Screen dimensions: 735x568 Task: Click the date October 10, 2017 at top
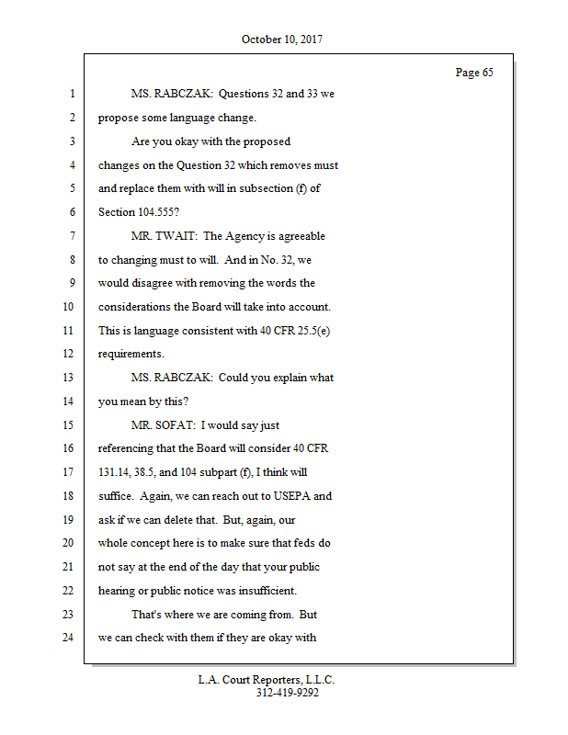pos(282,40)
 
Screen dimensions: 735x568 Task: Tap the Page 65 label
pos(474,73)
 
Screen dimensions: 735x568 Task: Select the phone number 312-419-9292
pos(287,694)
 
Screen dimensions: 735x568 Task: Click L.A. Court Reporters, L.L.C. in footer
pos(267,681)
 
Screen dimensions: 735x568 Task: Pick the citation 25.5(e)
pos(308,331)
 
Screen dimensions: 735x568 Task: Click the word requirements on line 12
pos(131,355)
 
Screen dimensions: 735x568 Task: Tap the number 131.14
pos(117,472)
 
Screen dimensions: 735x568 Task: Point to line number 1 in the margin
pos(71,94)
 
